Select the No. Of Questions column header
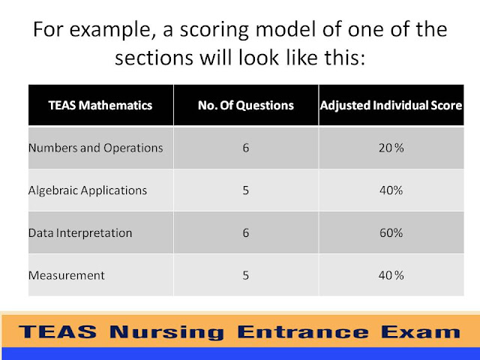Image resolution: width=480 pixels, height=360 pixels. coord(245,105)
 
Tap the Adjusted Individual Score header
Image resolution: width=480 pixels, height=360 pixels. coord(391,105)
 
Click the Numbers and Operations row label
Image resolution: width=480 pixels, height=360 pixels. coord(95,148)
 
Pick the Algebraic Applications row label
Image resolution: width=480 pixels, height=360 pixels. coord(88,190)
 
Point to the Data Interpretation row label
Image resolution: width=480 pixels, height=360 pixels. coord(80,232)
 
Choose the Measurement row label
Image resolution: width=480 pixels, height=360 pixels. coord(67,275)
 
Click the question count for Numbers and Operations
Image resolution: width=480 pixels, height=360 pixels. coord(245,148)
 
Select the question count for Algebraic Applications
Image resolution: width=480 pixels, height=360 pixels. coord(245,190)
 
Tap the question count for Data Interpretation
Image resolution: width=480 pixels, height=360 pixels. coord(245,232)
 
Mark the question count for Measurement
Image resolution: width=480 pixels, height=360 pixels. coord(245,275)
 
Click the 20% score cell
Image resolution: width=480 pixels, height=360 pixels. coord(391,148)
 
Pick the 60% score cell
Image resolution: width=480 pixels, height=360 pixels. coord(391,232)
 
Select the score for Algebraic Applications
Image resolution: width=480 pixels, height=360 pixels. coord(391,190)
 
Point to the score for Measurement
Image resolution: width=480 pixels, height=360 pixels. coord(391,275)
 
